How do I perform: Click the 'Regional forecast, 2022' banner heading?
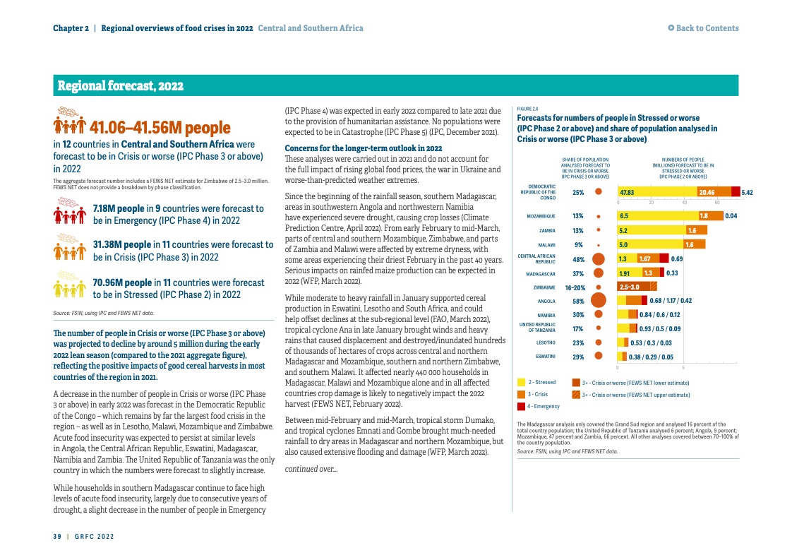tap(121, 86)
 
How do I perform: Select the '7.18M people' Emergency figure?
tap(119, 209)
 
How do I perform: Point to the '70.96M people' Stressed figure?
tap(119, 282)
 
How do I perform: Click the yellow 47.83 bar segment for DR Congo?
tap(656, 192)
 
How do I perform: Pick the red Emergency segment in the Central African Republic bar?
tap(664, 258)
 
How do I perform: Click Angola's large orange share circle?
tap(599, 302)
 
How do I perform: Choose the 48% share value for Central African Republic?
tap(578, 259)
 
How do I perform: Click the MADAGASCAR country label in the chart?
tap(541, 274)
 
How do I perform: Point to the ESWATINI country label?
tap(545, 357)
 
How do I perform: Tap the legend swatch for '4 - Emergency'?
tap(521, 406)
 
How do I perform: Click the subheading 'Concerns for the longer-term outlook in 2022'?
tap(363, 148)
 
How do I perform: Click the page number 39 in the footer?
tap(57, 537)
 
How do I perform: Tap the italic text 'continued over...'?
tap(311, 469)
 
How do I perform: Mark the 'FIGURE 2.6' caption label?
tap(527, 109)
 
